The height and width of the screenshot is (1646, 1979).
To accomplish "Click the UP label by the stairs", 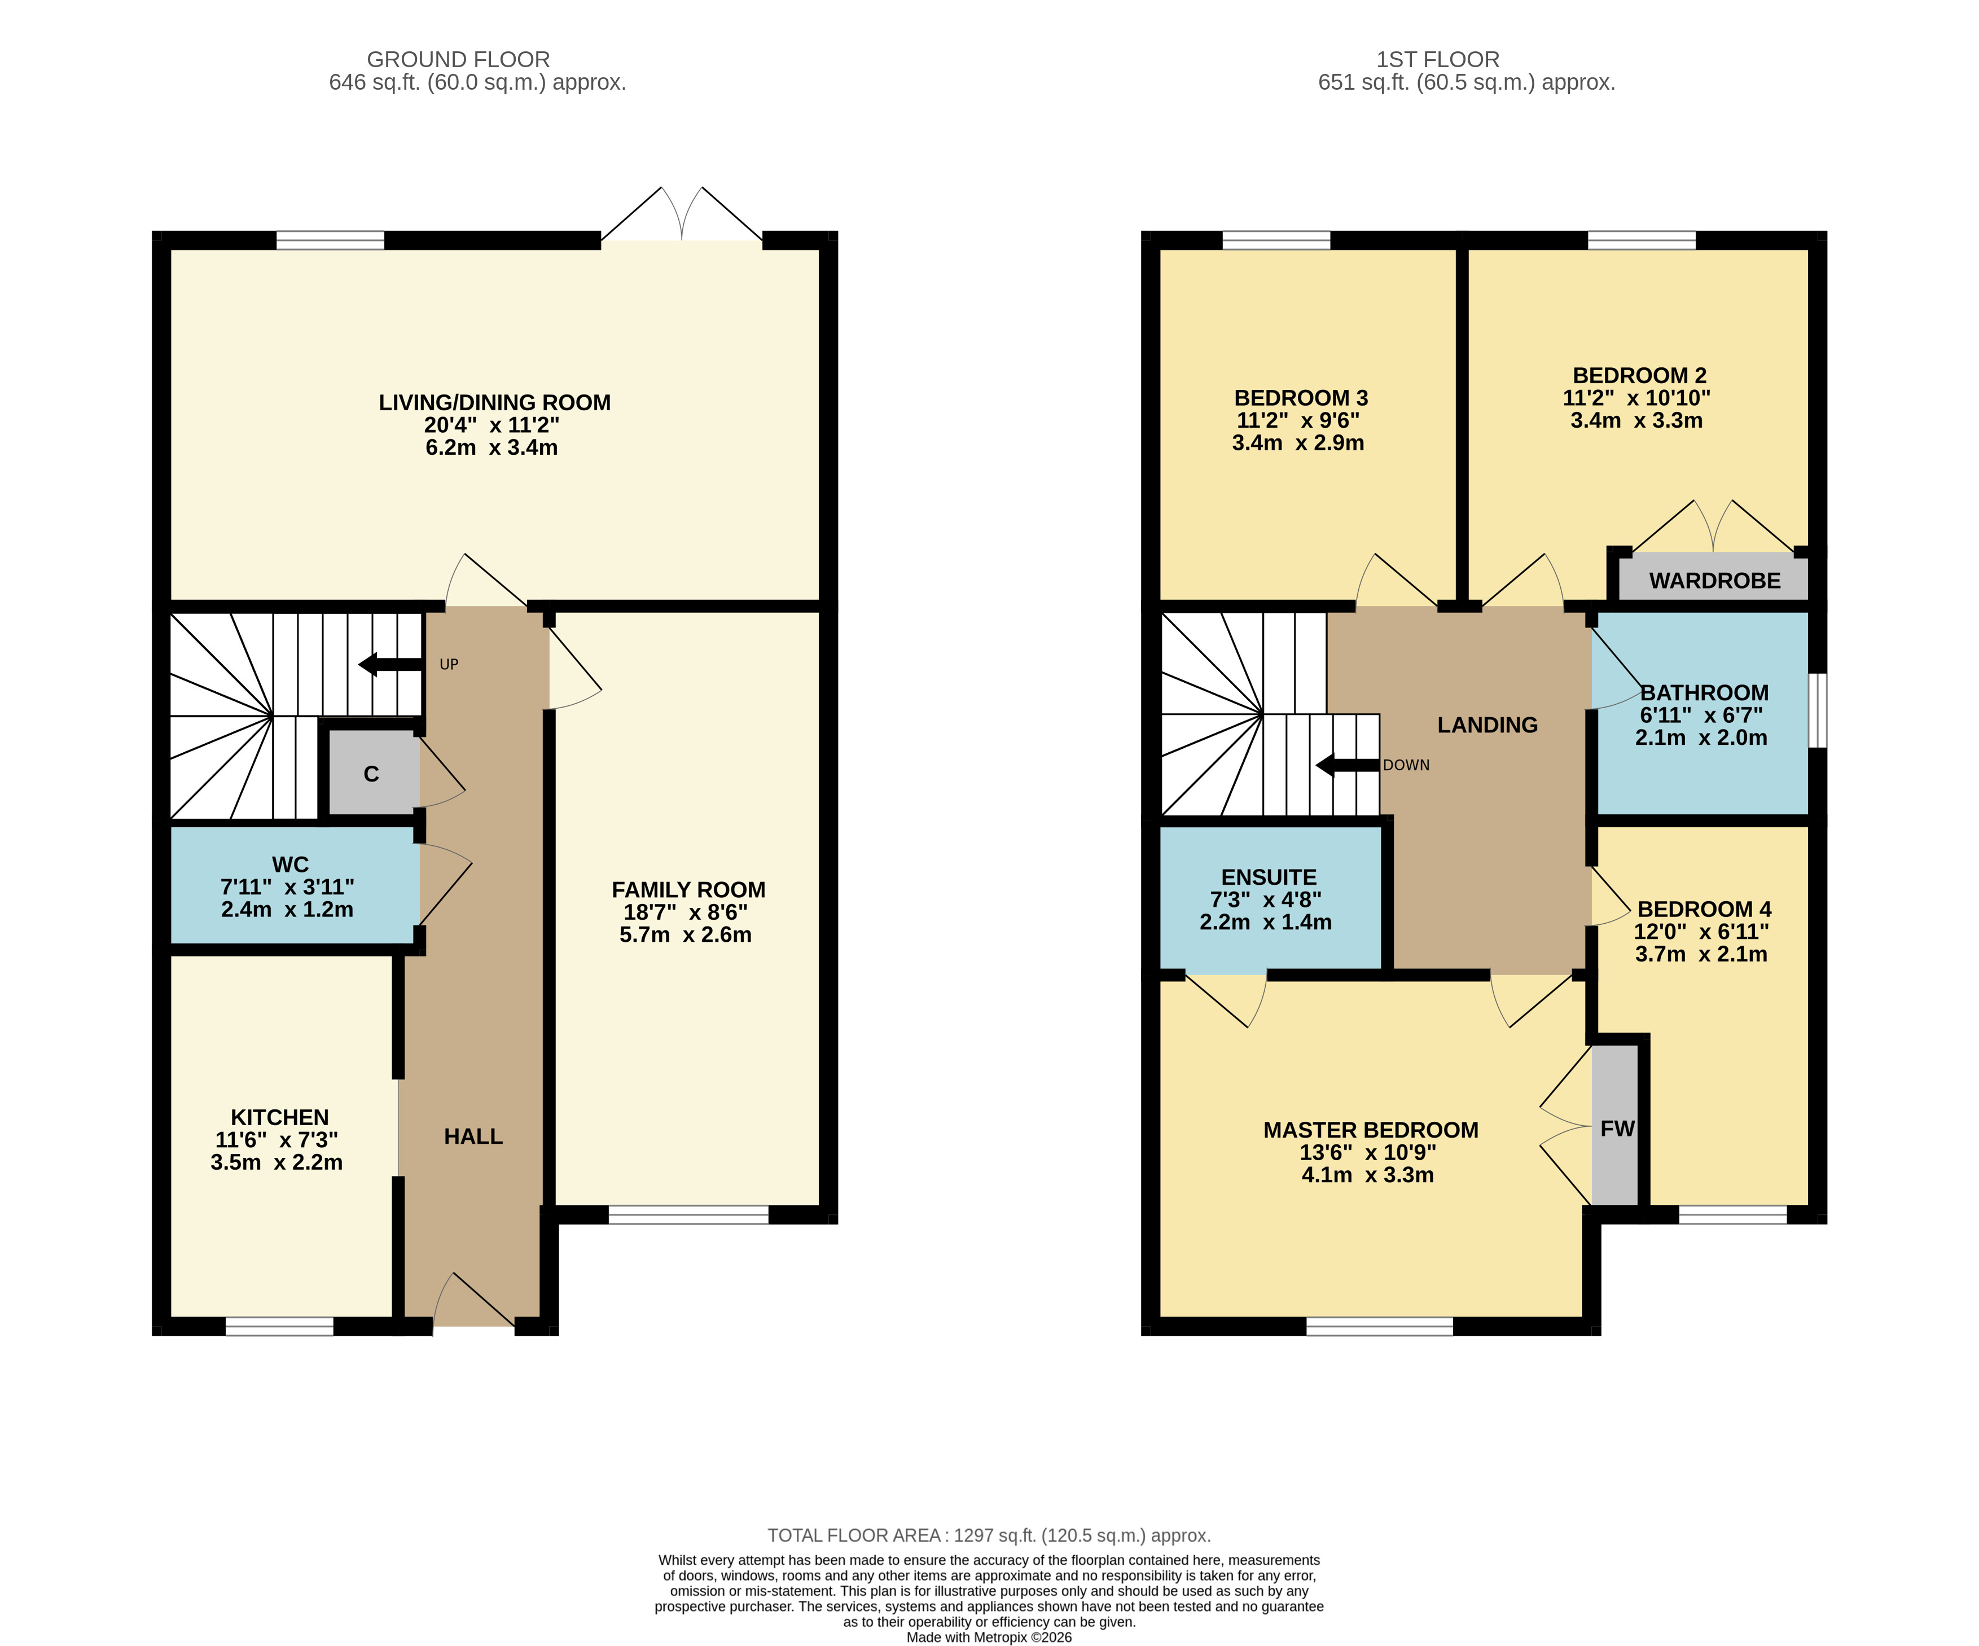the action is coord(449,664).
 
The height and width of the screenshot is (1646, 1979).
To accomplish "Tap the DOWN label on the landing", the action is coord(1406,765).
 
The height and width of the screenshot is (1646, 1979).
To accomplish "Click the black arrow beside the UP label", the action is coord(390,664).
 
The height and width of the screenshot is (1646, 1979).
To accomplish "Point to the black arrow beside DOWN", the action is coord(1348,765).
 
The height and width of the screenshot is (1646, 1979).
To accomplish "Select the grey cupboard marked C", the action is coord(372,772).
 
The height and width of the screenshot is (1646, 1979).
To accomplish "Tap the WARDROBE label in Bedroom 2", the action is coord(1714,581).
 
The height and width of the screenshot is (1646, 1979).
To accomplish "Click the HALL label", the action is coord(473,1136).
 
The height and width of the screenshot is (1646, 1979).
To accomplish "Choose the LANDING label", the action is coord(1487,725).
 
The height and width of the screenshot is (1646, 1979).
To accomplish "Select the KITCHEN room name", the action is coord(280,1117).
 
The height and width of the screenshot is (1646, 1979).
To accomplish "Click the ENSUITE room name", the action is coord(1269,877).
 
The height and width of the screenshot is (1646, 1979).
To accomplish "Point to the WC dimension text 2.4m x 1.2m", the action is coord(287,909).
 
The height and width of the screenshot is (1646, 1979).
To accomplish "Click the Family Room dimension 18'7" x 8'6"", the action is coord(685,912).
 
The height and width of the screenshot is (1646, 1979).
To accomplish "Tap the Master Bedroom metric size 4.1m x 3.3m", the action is coord(1367,1175).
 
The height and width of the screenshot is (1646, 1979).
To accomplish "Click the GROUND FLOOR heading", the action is coord(458,59).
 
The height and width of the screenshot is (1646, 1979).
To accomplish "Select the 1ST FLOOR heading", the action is coord(1437,59).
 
